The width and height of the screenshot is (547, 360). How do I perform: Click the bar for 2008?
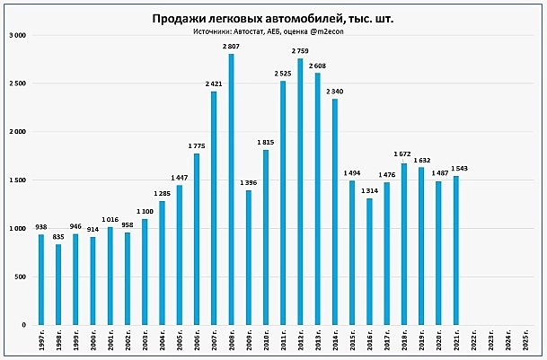coord(231,189)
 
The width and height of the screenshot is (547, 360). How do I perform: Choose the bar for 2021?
coord(455,250)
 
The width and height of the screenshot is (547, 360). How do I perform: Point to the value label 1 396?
coord(248,182)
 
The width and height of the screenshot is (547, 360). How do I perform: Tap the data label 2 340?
coord(334,91)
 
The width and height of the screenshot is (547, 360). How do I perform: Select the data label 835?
coord(58,236)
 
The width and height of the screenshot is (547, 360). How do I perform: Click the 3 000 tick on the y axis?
coord(17,35)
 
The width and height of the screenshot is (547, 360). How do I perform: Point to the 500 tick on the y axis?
coord(20,277)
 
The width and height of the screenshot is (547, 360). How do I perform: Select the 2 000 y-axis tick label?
coord(17,132)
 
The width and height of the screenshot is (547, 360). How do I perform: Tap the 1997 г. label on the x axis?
coord(41,341)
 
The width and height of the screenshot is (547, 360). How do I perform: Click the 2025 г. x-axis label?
coord(525,341)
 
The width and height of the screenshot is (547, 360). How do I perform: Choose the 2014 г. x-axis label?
coord(335,341)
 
